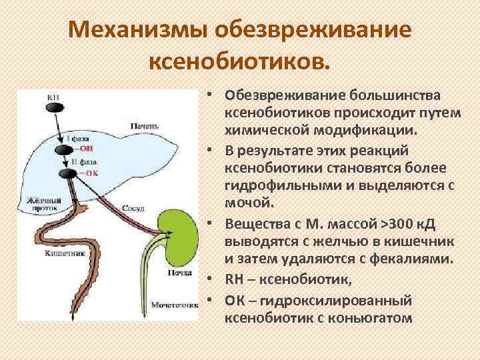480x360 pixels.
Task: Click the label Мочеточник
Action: [x=175, y=305]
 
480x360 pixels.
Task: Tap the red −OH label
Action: [x=87, y=149]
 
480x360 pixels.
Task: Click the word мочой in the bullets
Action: [x=248, y=199]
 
